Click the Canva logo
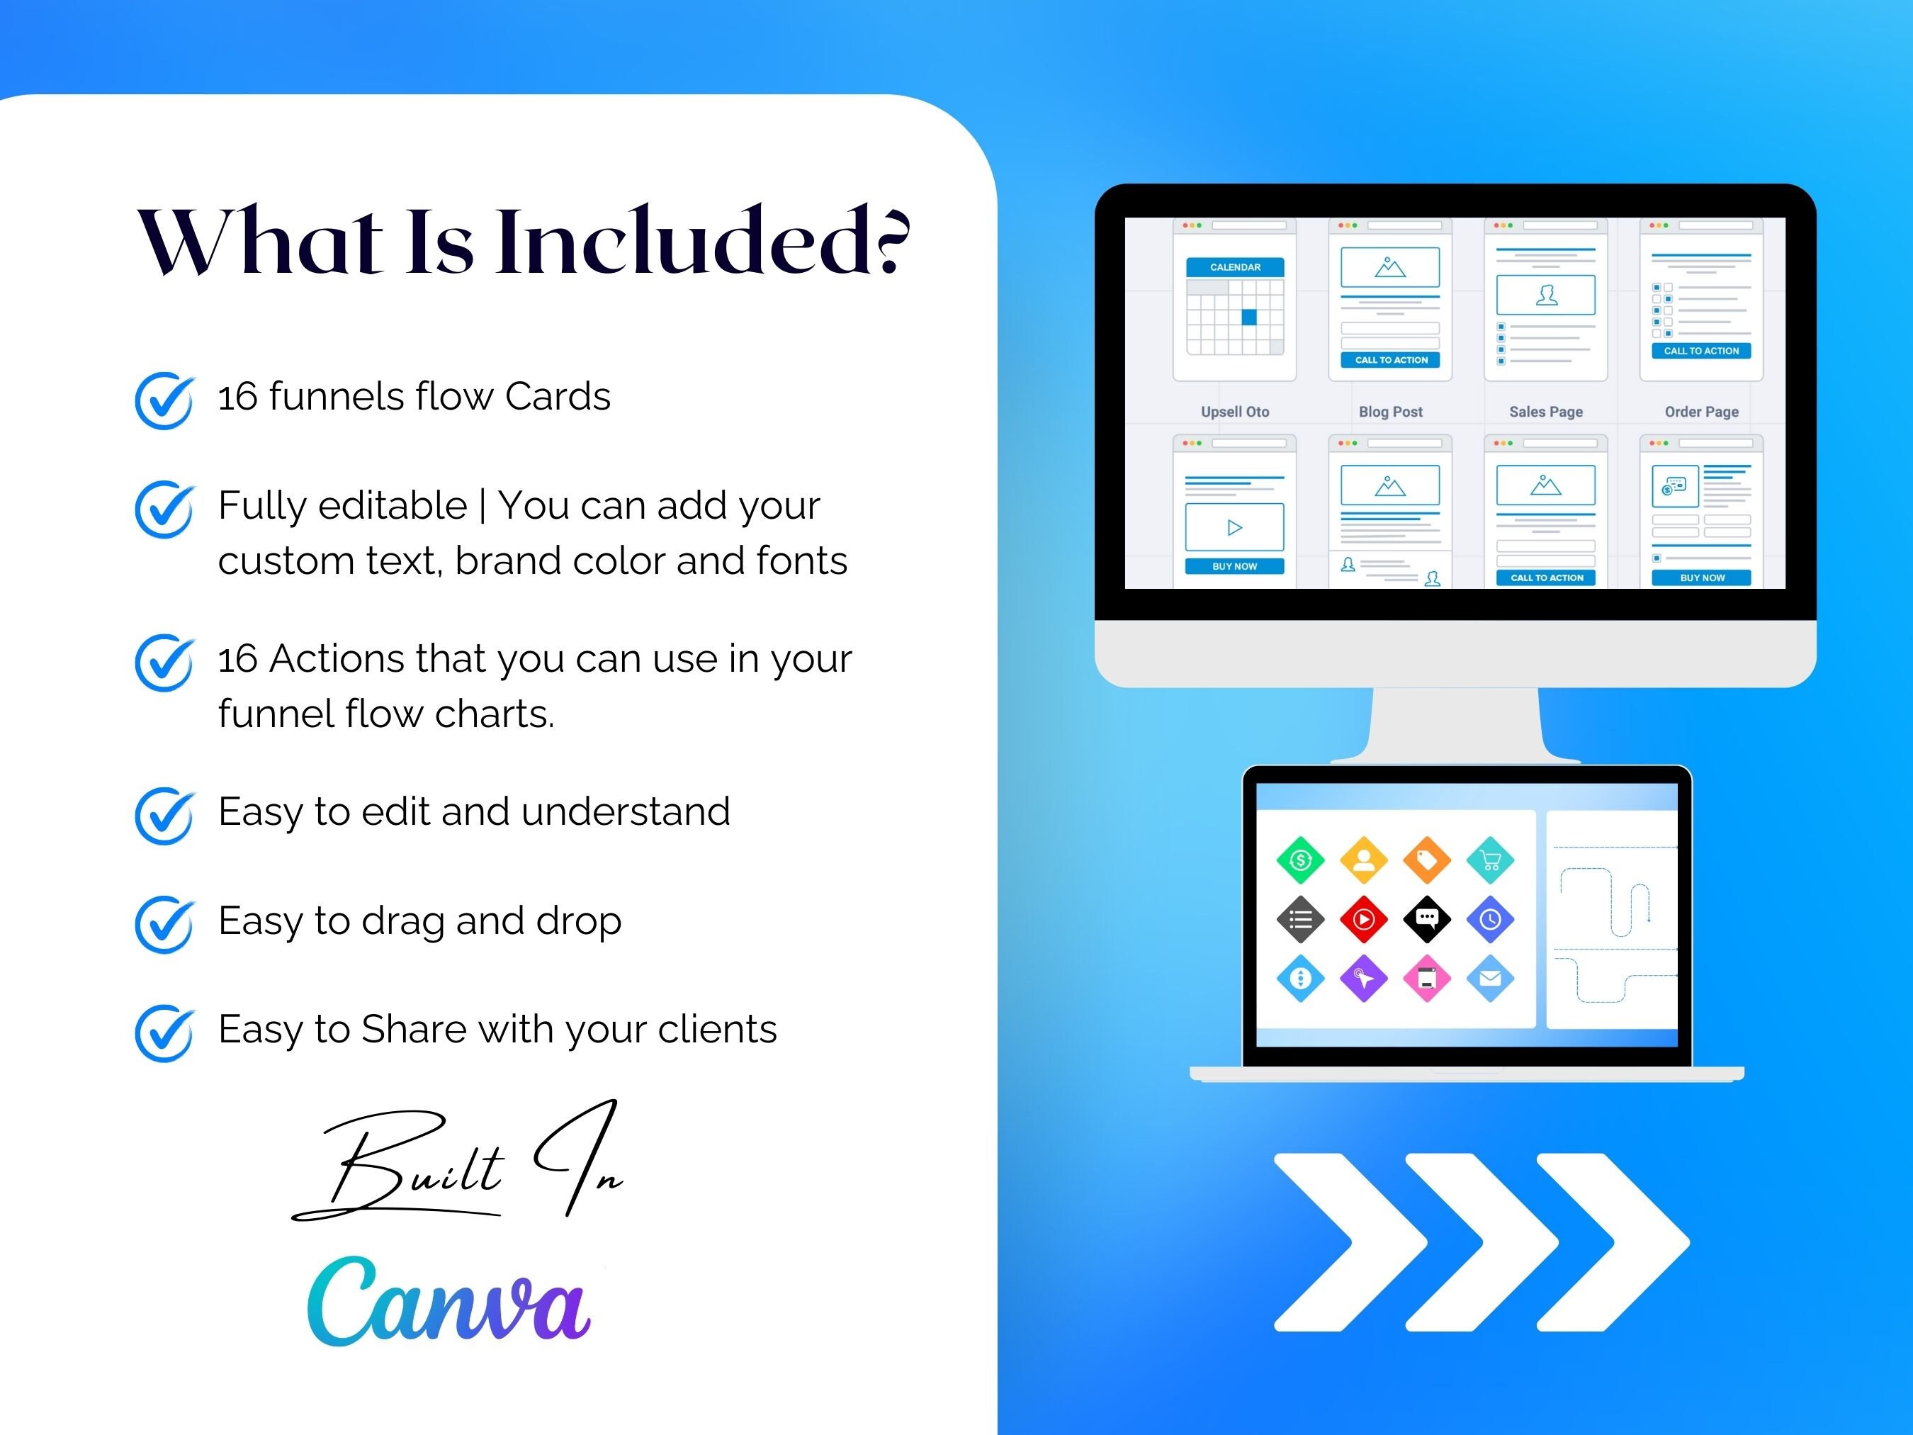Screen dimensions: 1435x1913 pos(448,1302)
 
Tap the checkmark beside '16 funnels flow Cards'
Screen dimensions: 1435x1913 pos(164,400)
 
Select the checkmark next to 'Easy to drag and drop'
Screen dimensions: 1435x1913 pos(164,924)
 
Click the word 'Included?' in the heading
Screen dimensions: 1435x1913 pos(702,242)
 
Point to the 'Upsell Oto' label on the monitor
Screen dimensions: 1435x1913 pos(1234,412)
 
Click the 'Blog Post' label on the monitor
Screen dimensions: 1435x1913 pos(1390,412)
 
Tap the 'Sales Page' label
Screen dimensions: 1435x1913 pos(1545,412)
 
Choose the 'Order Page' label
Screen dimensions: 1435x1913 pos(1701,412)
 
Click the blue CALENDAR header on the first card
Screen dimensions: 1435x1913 pos(1234,267)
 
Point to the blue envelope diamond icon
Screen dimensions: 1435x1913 pos(1490,979)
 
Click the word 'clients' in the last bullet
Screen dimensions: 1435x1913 pos(717,1030)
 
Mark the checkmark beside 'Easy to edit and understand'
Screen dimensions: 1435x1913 pos(164,815)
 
